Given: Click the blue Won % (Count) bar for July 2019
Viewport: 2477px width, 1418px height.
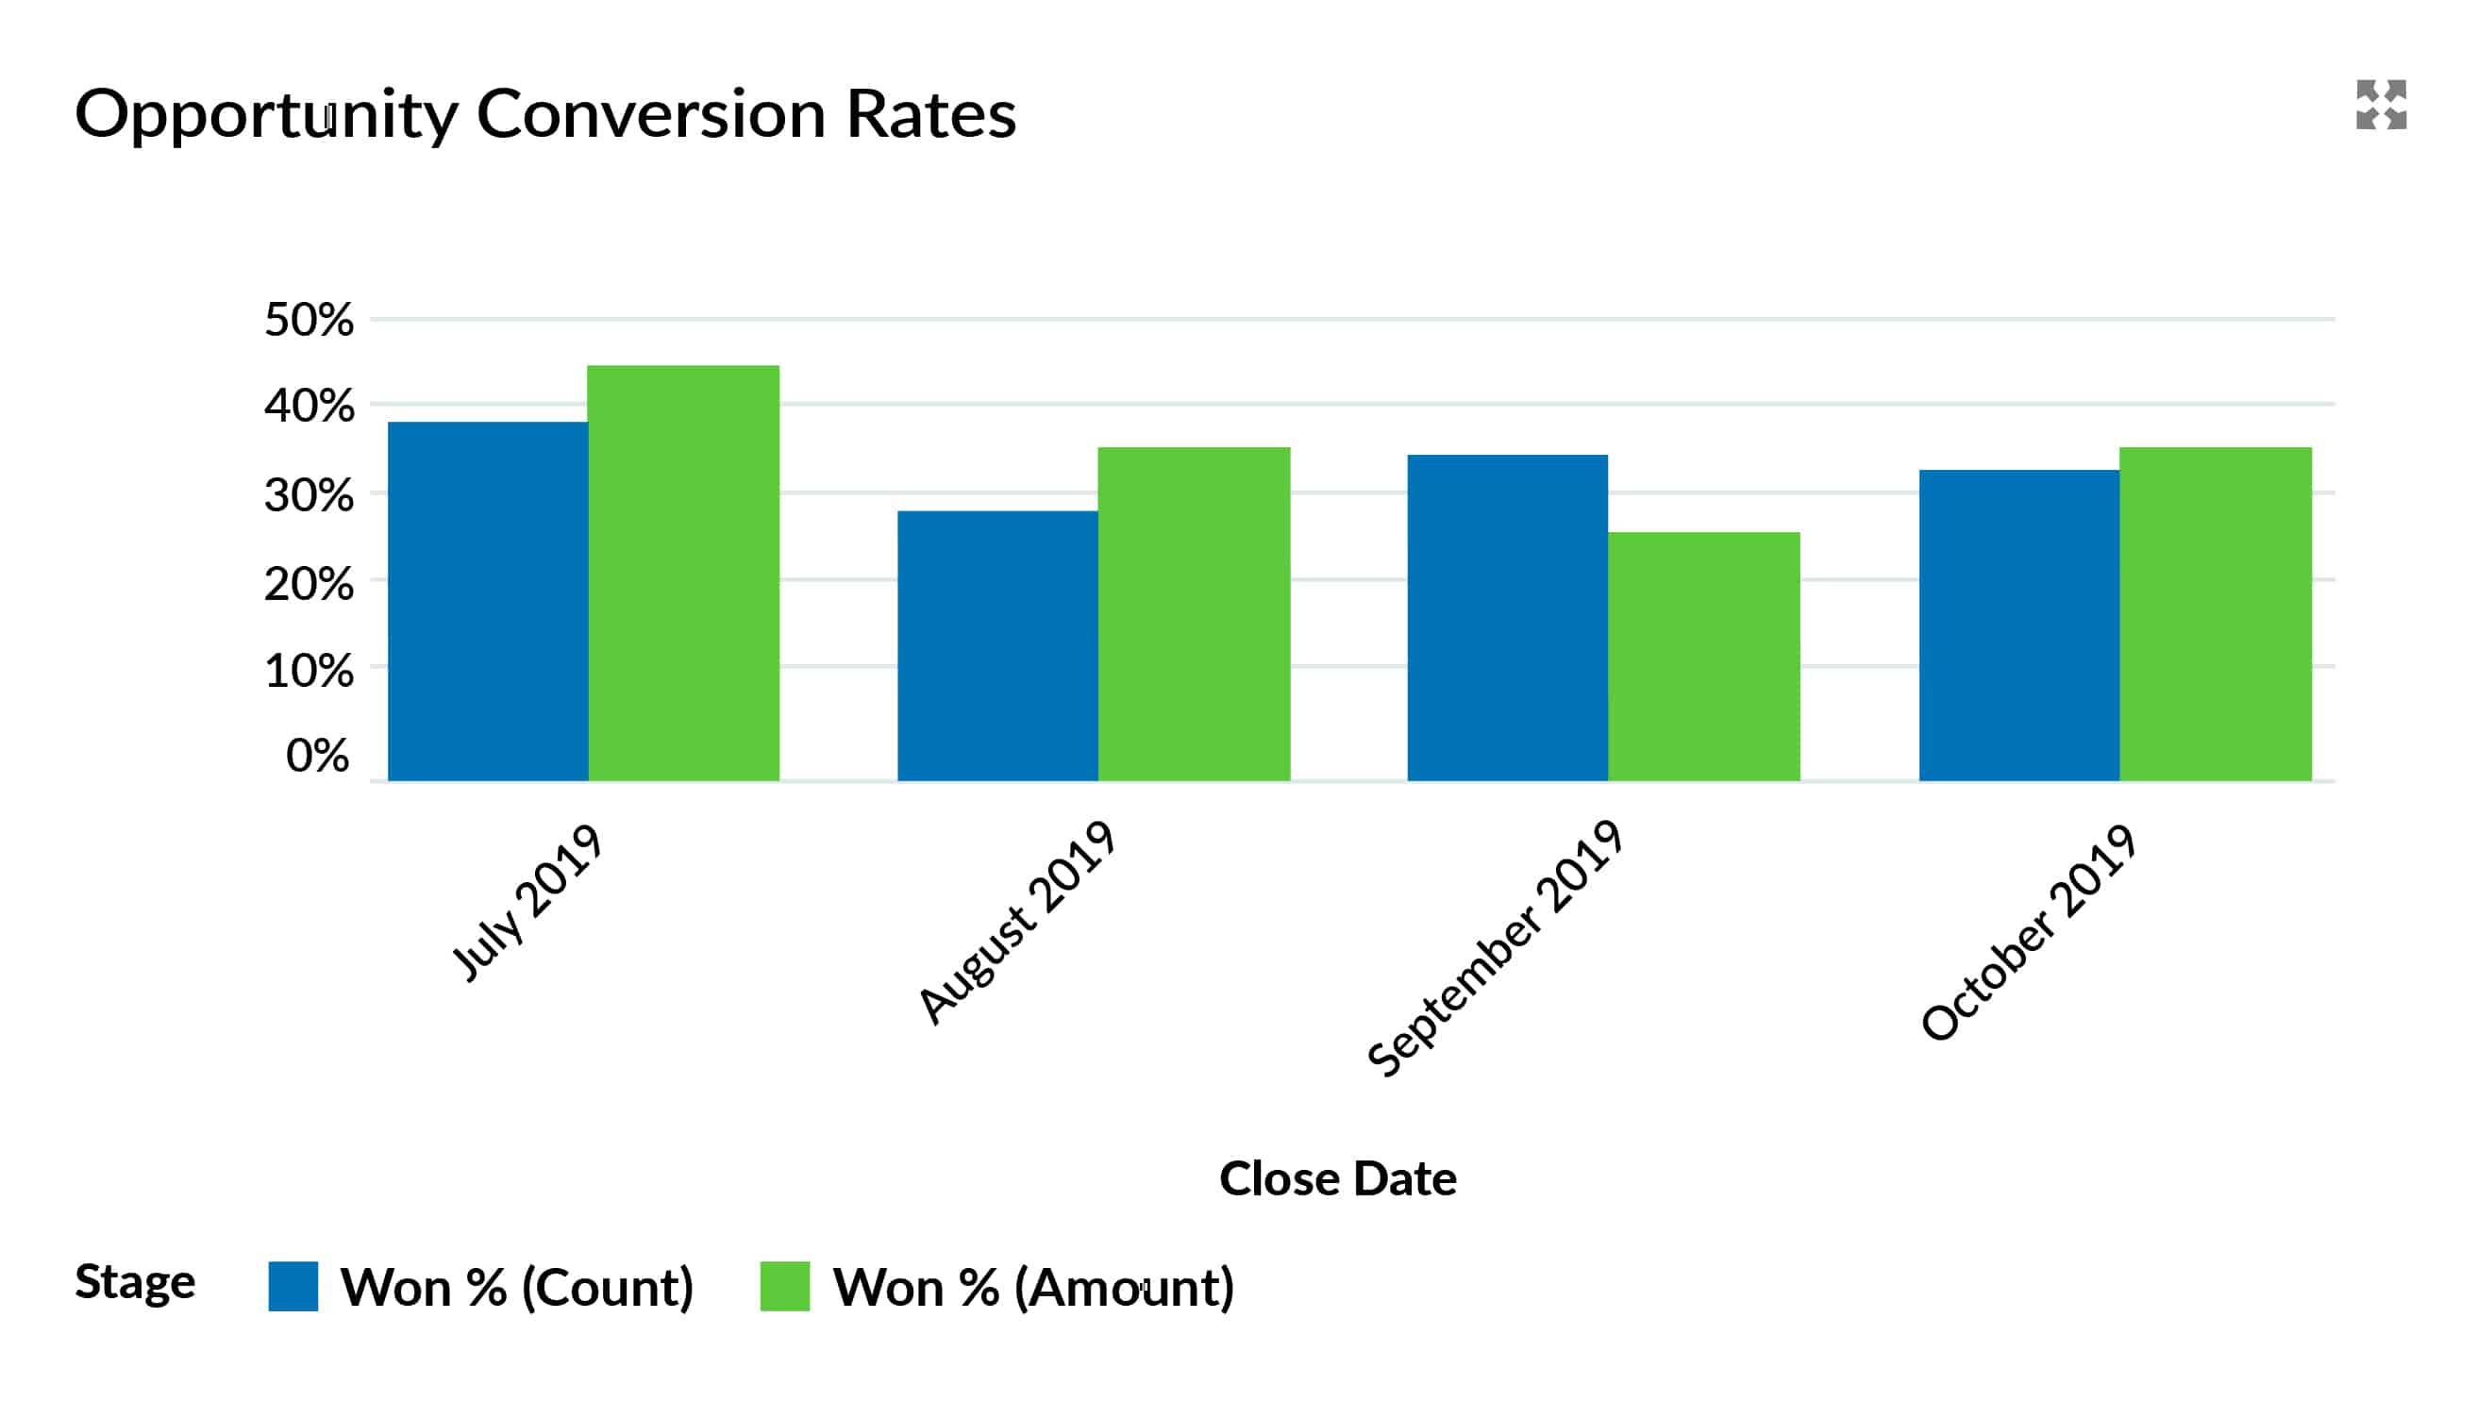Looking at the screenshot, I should click(487, 601).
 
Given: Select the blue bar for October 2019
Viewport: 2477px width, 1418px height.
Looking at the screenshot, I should click(2018, 626).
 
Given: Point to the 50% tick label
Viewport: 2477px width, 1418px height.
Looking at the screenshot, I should click(308, 320).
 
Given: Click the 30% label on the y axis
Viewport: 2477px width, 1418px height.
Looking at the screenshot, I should click(308, 495).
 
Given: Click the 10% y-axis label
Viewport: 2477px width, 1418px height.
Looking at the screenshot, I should click(308, 671).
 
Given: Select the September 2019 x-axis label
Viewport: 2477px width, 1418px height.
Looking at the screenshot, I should click(1495, 949).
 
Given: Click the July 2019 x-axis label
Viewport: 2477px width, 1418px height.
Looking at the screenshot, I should click(527, 903).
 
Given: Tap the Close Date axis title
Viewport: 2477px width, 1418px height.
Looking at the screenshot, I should click(1337, 1178).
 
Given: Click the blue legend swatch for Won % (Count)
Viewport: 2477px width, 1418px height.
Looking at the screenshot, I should click(293, 1286).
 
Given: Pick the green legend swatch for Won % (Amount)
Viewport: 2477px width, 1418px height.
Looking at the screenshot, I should click(784, 1286).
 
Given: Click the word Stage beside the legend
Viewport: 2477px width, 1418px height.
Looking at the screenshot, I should click(134, 1281).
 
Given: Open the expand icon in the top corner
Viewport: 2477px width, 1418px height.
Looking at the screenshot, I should click(2381, 104).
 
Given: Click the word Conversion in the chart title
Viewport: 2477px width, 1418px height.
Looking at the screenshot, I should click(651, 113).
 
